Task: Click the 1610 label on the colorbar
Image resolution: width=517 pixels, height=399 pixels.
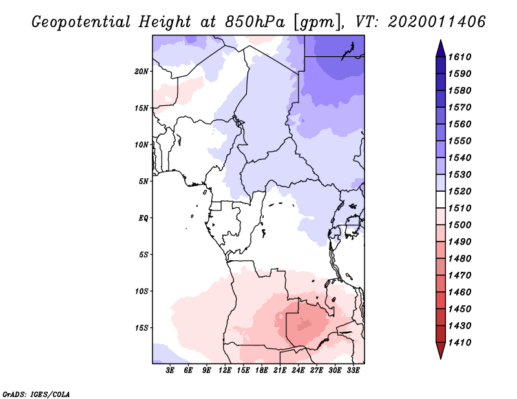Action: tap(459, 57)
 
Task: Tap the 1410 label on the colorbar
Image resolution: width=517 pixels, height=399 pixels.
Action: tap(459, 343)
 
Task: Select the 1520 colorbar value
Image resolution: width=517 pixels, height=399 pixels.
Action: tap(459, 191)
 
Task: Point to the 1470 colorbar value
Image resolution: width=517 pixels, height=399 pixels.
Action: tap(459, 276)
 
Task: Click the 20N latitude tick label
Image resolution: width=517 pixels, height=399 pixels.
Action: tap(141, 72)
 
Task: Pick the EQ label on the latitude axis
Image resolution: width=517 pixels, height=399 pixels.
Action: tap(143, 218)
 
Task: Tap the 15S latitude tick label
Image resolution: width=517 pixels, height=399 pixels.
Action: tap(141, 328)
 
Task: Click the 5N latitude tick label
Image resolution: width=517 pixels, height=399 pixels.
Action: tap(143, 181)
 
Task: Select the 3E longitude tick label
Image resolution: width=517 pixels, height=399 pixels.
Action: tap(170, 371)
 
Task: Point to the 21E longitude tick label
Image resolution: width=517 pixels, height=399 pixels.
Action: tap(280, 371)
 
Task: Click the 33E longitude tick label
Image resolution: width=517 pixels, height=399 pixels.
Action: tap(353, 371)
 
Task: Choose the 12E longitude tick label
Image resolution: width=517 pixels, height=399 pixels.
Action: tap(225, 371)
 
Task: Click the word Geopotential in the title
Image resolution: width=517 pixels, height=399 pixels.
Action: tap(81, 23)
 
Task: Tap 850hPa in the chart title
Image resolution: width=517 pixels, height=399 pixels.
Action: tap(255, 22)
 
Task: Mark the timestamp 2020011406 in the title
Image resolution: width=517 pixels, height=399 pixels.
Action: tap(437, 22)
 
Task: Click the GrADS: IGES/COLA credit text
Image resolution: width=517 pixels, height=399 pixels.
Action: tap(36, 394)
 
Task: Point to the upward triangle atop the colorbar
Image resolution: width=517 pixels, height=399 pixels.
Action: tap(441, 49)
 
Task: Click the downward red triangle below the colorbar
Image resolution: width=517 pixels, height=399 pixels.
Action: tap(441, 351)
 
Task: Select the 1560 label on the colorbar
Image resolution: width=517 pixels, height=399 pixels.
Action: tap(459, 124)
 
